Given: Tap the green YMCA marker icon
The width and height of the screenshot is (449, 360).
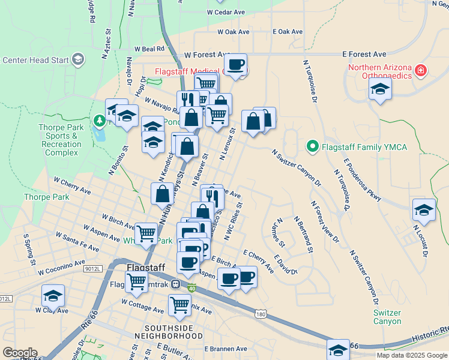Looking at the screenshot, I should [x=312, y=146].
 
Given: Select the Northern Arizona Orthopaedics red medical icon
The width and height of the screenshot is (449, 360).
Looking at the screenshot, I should [x=421, y=71].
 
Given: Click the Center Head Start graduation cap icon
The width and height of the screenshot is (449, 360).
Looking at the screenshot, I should [x=78, y=59].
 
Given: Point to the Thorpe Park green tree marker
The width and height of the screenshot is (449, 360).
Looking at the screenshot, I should [x=99, y=121].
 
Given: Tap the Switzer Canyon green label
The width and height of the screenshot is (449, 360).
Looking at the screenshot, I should [x=387, y=317].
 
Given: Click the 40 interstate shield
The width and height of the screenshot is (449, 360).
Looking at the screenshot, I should [x=192, y=289].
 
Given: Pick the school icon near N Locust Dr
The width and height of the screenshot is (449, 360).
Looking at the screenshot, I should [x=424, y=209].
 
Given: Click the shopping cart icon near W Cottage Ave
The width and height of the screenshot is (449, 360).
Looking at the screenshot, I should [x=179, y=305].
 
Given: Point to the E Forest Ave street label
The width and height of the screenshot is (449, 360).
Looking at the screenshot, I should [x=364, y=54].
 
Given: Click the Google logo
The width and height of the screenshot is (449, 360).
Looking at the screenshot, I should [x=20, y=353].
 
